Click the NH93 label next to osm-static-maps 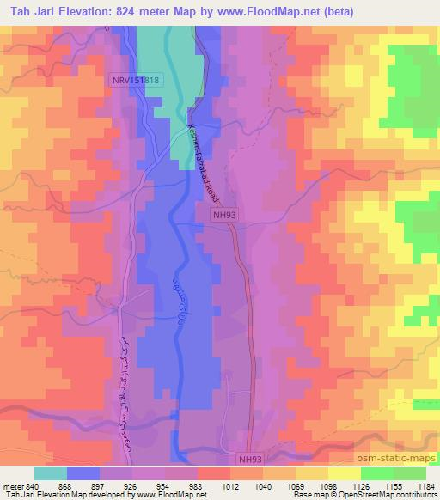pyautogui.click(x=249, y=459)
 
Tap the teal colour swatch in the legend pyautogui.click(x=51, y=473)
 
